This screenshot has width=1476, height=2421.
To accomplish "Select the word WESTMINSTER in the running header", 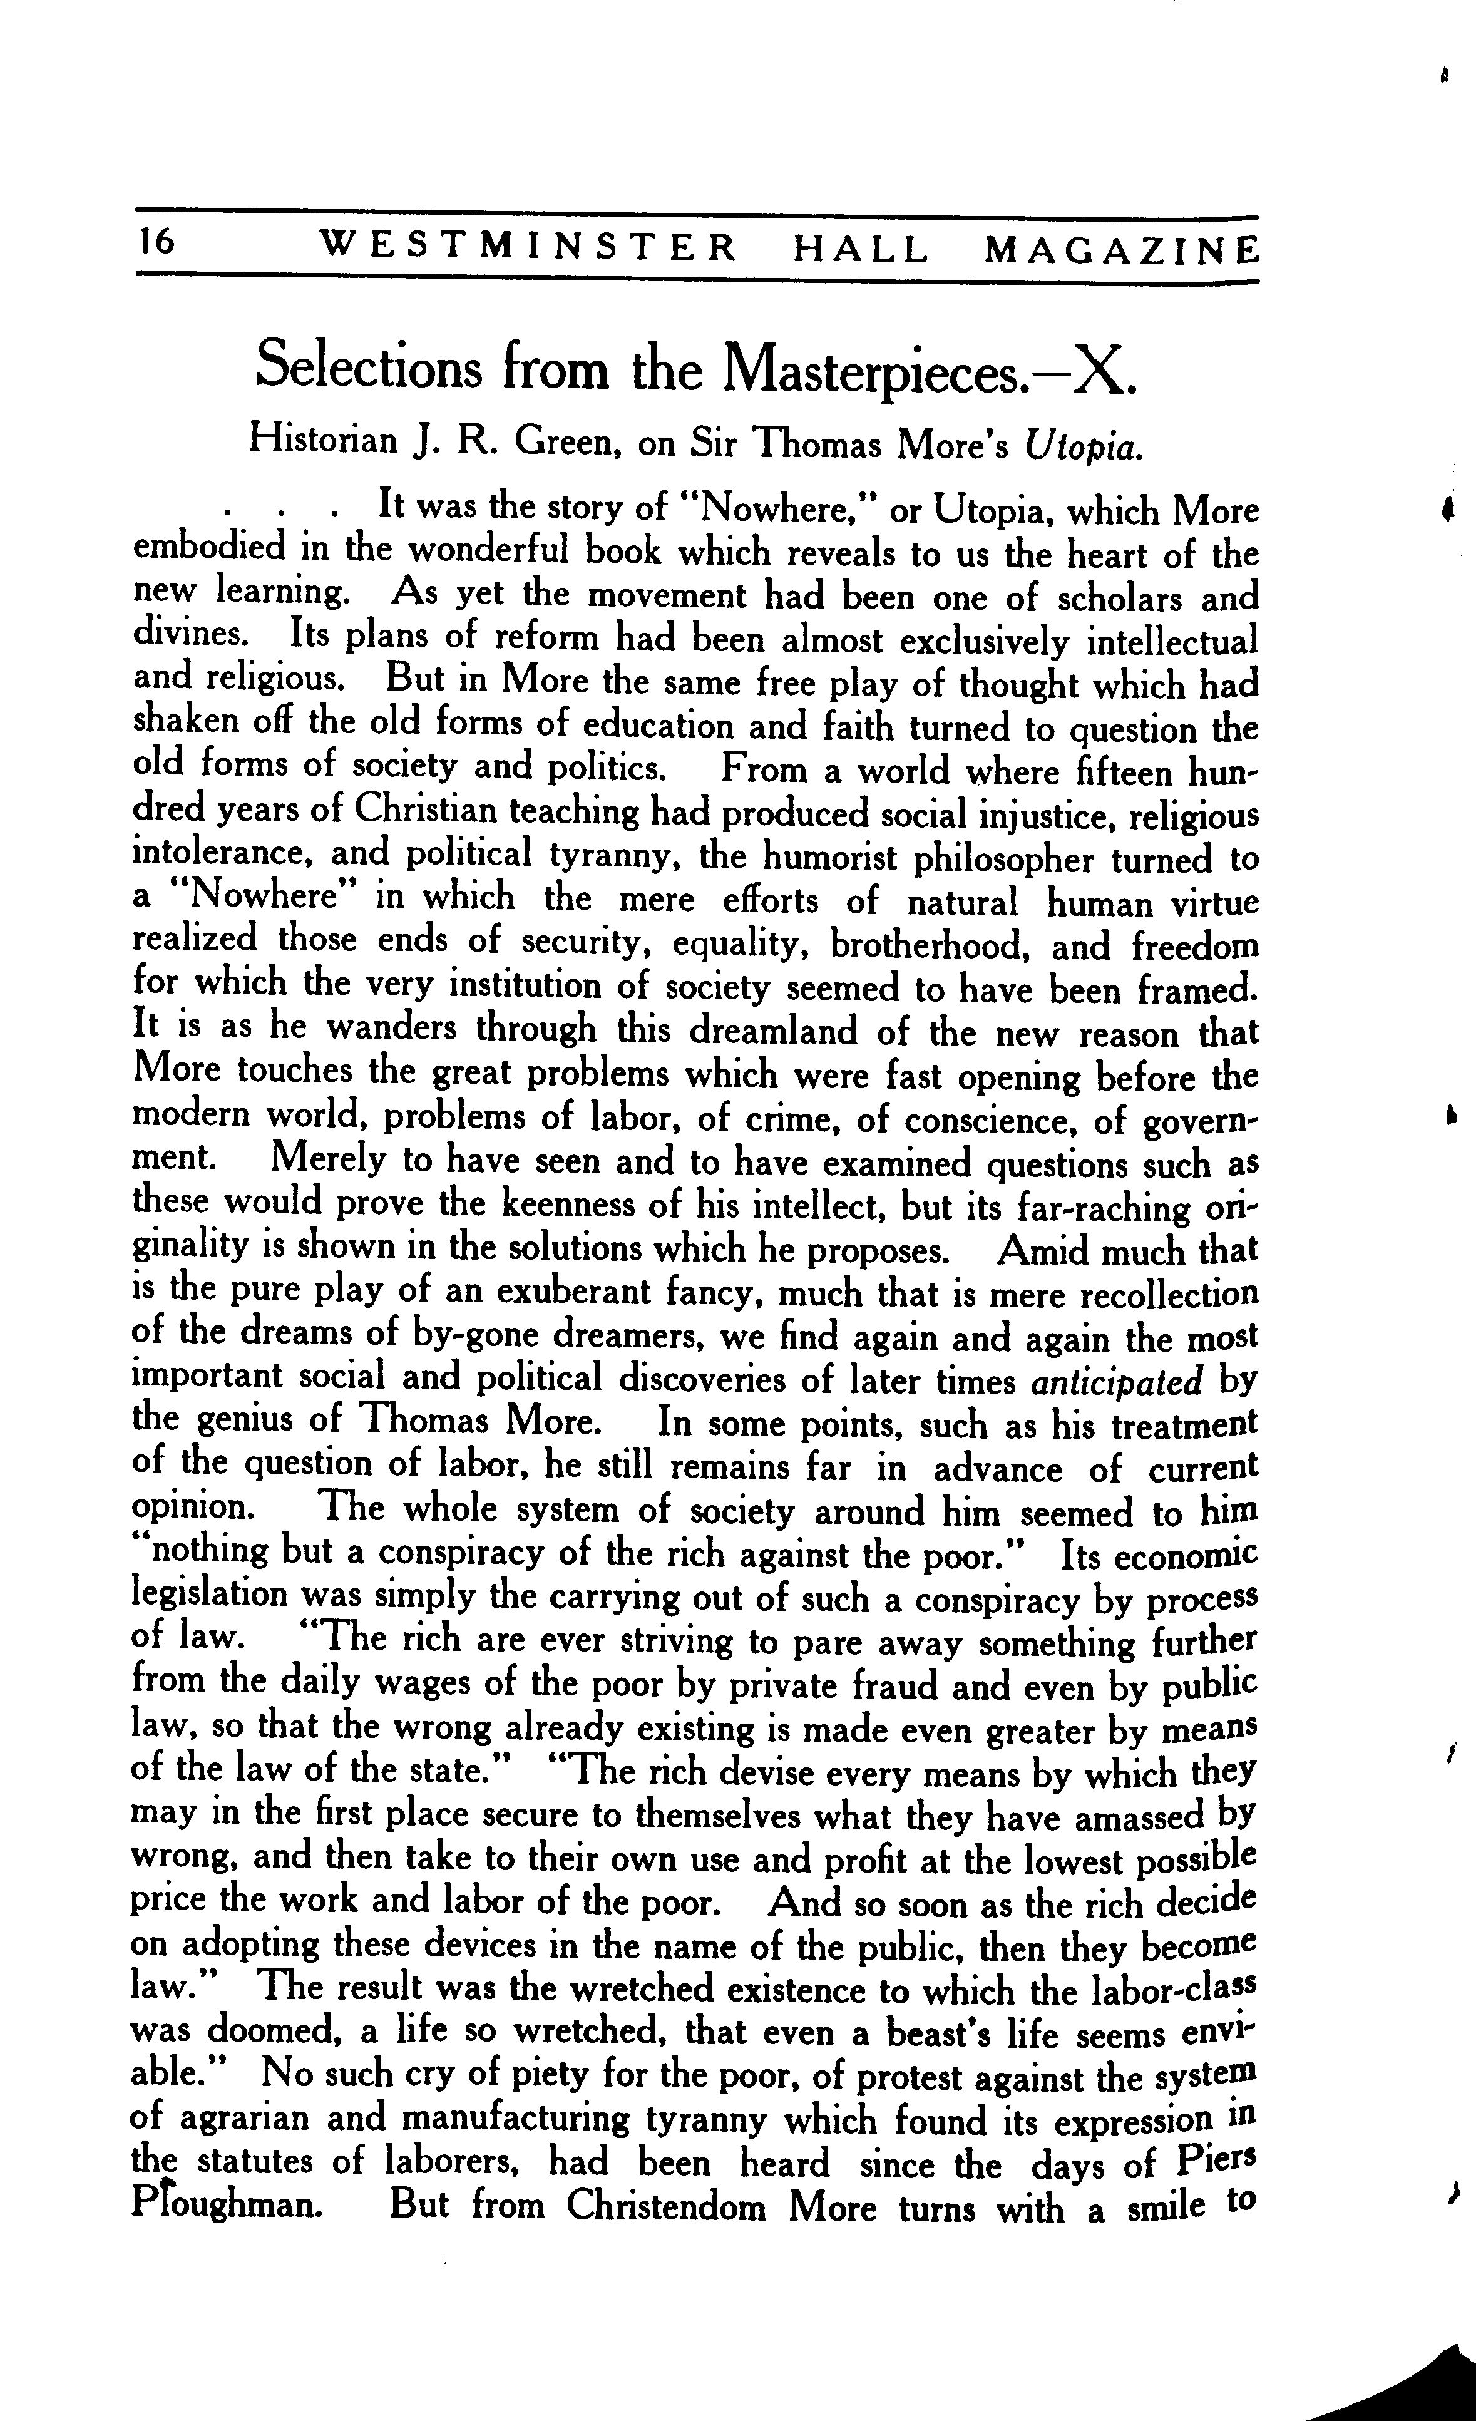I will click(529, 249).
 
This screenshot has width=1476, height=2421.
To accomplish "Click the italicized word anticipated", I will click(1116, 1382).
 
